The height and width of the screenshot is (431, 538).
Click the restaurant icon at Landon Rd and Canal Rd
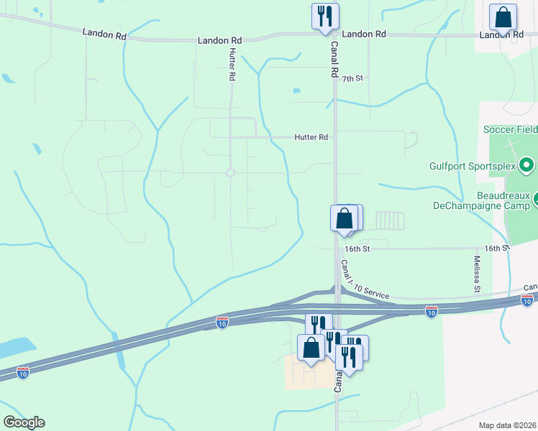325,16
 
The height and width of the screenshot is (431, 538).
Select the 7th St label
352,78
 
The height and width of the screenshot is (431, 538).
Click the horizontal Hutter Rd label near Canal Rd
311,136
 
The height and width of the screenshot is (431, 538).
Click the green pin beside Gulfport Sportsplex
526,165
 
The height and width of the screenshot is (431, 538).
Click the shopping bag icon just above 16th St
345,218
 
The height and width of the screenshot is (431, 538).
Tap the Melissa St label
477,274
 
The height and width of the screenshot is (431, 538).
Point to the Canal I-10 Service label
364,281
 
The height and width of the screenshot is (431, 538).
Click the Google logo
24,422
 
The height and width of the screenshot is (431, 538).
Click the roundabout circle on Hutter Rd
230,172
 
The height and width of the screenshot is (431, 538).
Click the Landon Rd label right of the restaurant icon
364,34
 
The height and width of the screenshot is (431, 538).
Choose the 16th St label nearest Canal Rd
356,249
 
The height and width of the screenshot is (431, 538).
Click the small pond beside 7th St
296,91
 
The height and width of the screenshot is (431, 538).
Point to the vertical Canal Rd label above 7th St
334,58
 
